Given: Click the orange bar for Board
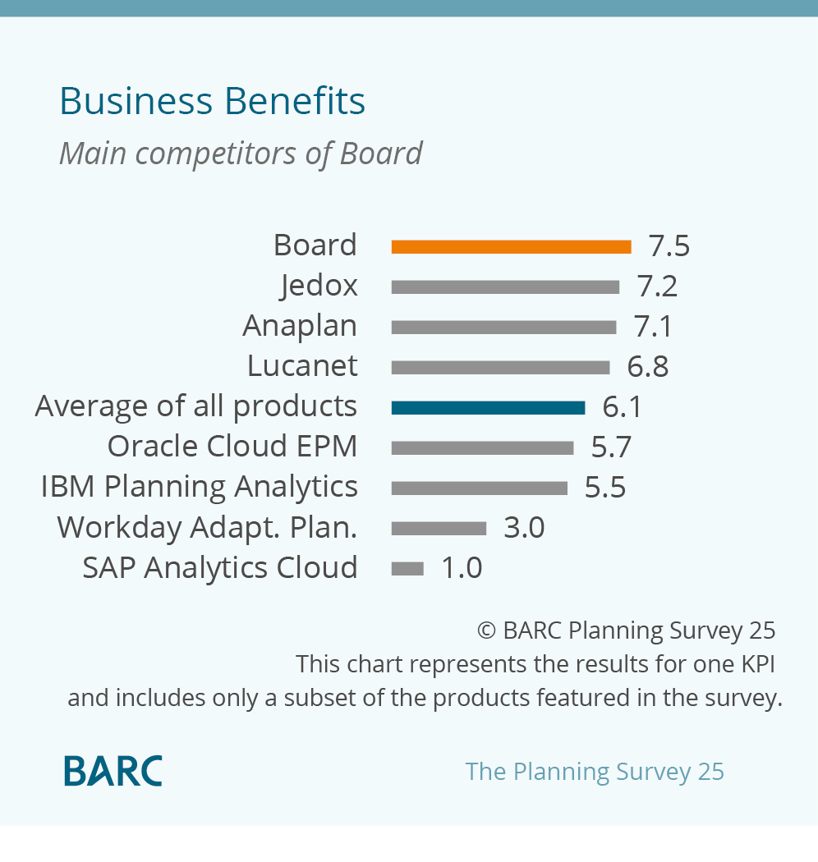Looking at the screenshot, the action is coord(511,247).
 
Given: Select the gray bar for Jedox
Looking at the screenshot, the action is coord(505,287).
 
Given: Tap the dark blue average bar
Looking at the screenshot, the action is coord(488,408).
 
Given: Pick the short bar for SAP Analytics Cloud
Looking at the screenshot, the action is coord(407,568).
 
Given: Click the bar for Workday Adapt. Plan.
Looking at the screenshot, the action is coord(439,529).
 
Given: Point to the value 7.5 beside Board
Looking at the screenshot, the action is coord(669,245).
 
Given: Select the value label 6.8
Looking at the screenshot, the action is coord(647,367).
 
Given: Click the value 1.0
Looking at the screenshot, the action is coord(462,568).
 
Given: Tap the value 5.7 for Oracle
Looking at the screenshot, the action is coord(610,447).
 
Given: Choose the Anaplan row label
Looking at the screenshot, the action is coord(300,326).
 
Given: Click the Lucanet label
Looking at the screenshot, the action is coord(302,365).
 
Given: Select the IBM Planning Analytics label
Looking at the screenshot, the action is coord(199,488).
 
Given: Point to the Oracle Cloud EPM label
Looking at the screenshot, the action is coord(232,446).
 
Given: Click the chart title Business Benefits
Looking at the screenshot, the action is coord(213,101).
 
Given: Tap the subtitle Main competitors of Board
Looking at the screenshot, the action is coord(241,154).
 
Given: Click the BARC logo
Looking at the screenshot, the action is coord(113,771).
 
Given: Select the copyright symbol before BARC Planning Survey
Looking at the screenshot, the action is coord(486,630).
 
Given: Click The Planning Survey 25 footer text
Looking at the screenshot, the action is coord(595,772).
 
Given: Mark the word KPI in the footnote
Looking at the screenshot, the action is coord(758,664).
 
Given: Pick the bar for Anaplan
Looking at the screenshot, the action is coord(503,328).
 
